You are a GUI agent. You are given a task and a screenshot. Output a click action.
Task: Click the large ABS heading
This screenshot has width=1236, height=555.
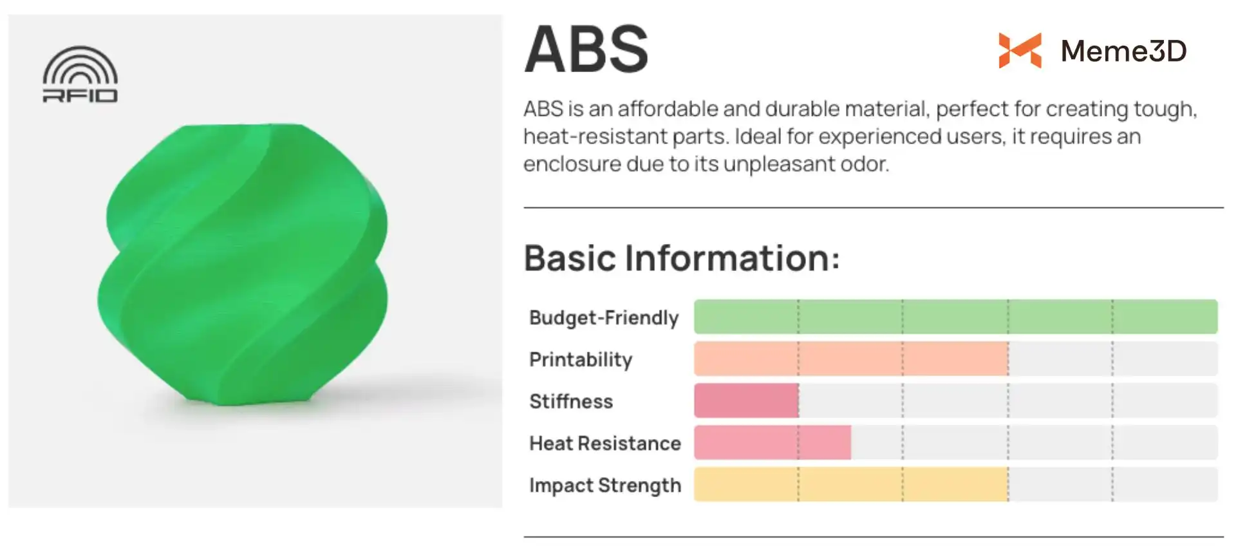(x=586, y=50)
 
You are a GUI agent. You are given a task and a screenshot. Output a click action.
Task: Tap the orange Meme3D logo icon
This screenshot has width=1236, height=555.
(x=1020, y=50)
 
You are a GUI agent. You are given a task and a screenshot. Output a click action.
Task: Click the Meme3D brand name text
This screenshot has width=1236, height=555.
(x=1123, y=51)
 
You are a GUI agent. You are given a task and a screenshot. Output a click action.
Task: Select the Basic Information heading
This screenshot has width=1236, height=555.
(x=682, y=258)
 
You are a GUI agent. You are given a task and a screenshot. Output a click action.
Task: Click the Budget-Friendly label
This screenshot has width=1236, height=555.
(x=604, y=317)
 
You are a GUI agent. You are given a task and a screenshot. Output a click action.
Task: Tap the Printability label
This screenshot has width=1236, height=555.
(x=581, y=359)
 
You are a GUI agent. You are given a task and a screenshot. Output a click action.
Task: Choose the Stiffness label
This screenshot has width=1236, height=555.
(x=571, y=401)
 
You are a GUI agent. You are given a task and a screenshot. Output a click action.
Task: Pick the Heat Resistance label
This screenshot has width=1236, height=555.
(x=605, y=443)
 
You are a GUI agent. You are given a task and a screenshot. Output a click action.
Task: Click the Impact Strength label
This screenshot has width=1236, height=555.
(x=605, y=485)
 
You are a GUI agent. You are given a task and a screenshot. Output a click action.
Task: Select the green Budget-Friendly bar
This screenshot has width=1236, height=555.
(x=956, y=316)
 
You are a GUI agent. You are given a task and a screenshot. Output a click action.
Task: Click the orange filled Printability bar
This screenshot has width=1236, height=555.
(x=851, y=359)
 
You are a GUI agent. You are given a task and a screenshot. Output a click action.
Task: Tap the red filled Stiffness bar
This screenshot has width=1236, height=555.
(x=746, y=400)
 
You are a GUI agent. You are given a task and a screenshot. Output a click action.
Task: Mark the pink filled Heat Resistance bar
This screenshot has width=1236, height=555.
(x=772, y=442)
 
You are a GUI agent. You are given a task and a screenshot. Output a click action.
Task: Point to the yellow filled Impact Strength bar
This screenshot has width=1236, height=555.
(x=851, y=484)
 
